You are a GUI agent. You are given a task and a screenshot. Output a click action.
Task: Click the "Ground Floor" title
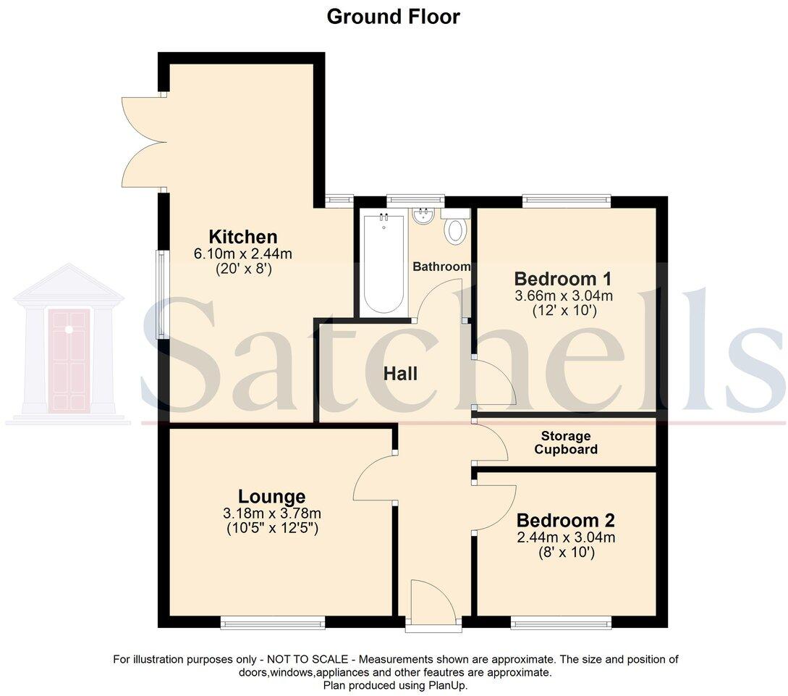coord(393,17)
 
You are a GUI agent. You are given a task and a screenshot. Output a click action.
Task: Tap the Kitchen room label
coord(243,237)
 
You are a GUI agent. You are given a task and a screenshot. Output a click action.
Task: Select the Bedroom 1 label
coord(563,279)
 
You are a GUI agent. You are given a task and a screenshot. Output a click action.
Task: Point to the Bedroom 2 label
coord(566,521)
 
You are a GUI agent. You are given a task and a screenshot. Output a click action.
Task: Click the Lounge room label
coord(272,497)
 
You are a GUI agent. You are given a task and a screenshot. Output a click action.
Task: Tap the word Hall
coord(400,374)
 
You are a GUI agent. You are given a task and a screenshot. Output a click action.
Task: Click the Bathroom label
coord(441,267)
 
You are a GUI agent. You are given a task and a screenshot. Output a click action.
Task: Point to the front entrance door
coord(433,603)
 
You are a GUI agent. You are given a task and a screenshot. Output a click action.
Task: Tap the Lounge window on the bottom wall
coord(273,621)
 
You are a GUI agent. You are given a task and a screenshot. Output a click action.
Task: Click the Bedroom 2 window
coord(560,621)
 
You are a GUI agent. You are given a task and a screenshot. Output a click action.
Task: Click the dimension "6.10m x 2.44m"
coord(243,253)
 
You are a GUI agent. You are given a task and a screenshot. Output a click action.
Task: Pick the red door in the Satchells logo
coord(69,361)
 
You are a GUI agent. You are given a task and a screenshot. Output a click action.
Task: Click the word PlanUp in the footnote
coord(449,684)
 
